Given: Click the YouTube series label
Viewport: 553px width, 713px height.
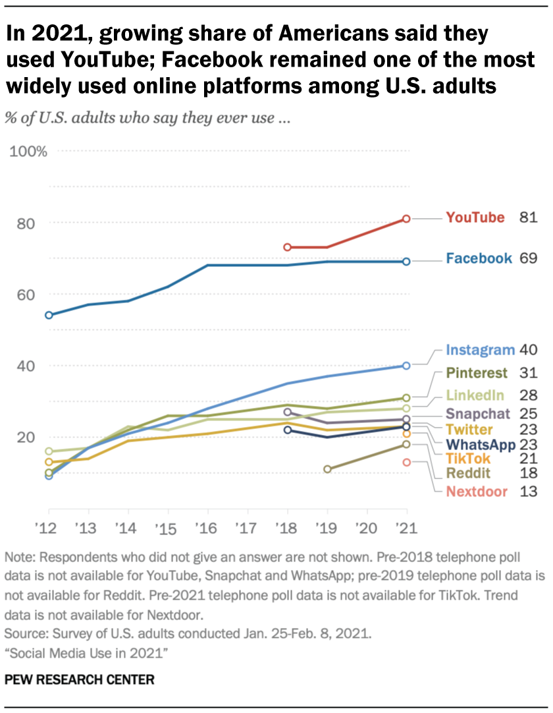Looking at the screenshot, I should coord(475,217).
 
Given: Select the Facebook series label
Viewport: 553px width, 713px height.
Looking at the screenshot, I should coord(479,258).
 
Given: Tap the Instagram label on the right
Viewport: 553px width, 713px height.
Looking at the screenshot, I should coord(479,350).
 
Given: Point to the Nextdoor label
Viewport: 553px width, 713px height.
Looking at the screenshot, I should coord(476,491).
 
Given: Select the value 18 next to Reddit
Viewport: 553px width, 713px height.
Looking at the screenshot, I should coord(529,473).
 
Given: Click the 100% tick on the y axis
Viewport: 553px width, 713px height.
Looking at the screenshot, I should coord(28,152).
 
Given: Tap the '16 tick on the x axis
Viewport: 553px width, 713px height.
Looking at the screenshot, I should coord(207,528).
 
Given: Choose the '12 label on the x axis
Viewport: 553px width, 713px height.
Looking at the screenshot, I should coord(48,528).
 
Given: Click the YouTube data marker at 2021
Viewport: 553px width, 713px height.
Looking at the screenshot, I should coord(407,218).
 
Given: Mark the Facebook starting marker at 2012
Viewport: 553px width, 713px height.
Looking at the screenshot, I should coord(49,315).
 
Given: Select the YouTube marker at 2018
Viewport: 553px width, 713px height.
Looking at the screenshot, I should coord(287,247).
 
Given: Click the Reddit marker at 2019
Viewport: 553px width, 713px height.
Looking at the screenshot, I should coord(327,469).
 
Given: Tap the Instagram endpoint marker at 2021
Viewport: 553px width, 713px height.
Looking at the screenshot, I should coord(407,365).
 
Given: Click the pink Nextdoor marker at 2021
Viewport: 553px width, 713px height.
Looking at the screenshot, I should coord(407,463).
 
